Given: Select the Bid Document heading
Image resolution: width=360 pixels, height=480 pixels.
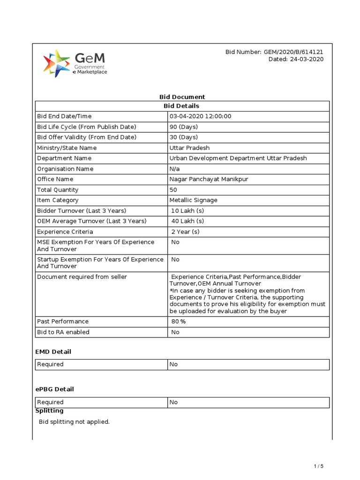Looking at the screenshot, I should (182, 97).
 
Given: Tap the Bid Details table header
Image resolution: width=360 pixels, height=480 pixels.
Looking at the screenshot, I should (182, 106).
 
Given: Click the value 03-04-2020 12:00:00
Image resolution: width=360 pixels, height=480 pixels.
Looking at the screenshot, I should (200, 116).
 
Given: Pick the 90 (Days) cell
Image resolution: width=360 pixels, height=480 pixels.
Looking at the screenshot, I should (184, 127).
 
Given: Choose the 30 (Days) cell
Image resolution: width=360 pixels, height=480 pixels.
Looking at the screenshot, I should (184, 137).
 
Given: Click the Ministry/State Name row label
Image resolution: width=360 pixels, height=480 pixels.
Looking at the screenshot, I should (67, 148).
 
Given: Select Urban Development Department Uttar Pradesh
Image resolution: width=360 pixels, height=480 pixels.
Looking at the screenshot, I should (238, 158).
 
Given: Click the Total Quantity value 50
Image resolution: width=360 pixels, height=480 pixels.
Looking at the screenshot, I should (173, 190).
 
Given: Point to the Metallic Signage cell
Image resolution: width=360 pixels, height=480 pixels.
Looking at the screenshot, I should (193, 200).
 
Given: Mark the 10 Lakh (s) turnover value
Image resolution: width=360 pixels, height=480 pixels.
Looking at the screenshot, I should (187, 211).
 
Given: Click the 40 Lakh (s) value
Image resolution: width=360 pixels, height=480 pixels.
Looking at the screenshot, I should (187, 221).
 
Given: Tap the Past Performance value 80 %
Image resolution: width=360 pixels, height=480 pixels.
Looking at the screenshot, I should (179, 322).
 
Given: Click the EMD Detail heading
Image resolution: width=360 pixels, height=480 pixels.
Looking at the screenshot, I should (53, 352).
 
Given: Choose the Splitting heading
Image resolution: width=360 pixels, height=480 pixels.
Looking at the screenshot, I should (49, 411).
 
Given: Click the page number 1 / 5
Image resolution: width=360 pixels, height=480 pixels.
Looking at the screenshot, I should (318, 466).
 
